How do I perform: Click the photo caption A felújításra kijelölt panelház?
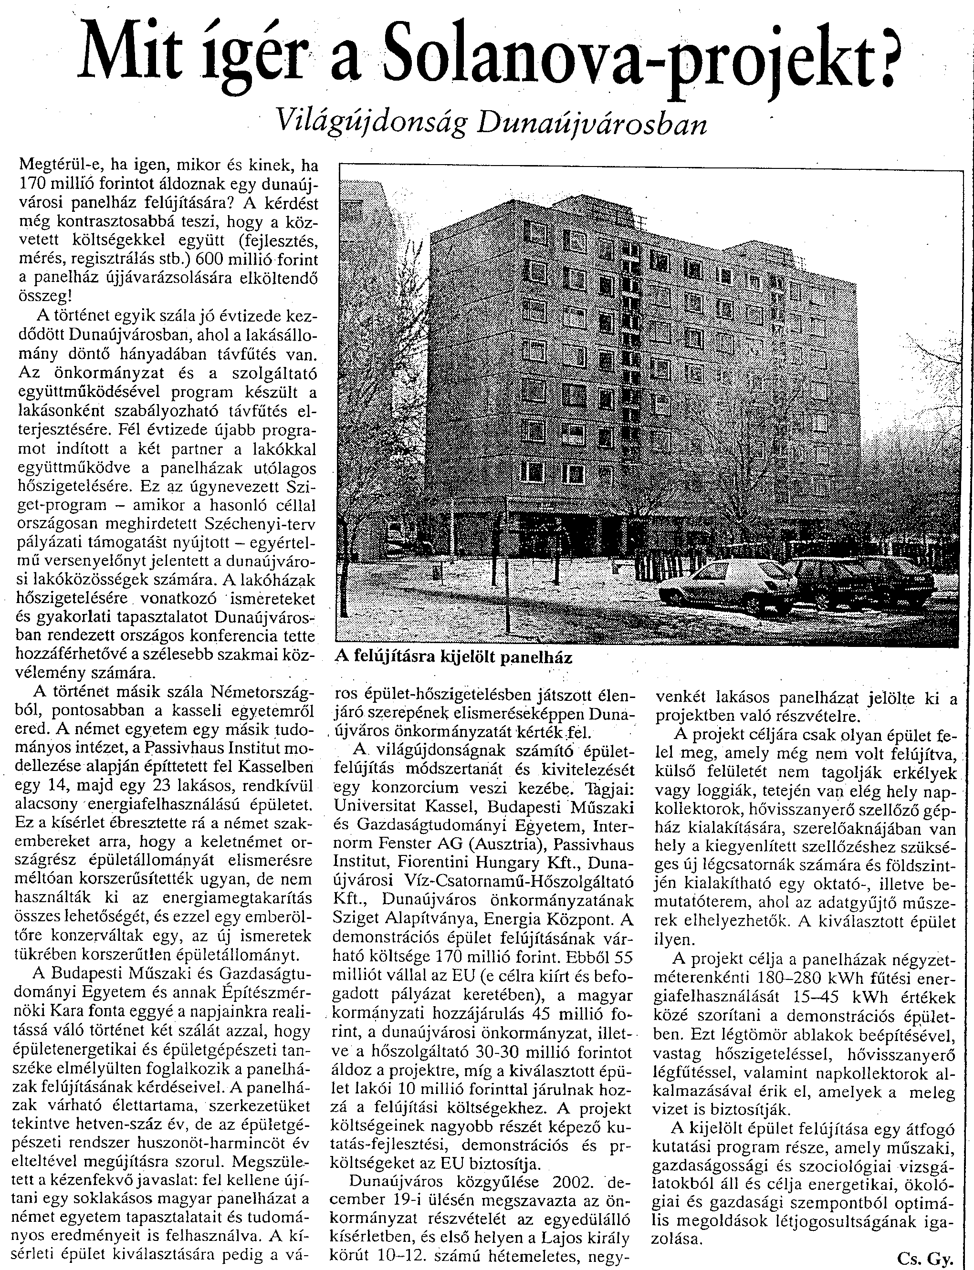click(453, 658)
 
